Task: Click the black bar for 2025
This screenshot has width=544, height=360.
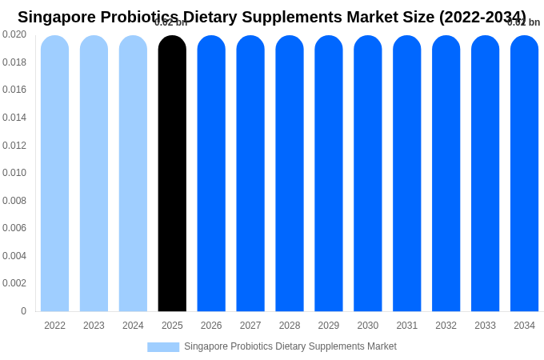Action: pos(172,174)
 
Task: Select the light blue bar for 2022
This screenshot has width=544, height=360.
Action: pos(54,174)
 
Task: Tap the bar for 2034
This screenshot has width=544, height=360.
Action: pos(524,174)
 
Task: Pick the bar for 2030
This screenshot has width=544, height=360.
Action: pos(368,174)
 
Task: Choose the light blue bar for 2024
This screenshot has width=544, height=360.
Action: pos(133,174)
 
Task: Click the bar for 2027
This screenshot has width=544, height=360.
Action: pos(250,174)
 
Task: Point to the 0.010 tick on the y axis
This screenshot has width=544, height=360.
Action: pos(14,173)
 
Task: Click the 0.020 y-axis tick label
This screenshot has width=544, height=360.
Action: pos(14,34)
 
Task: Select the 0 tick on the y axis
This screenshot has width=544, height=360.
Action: pos(23,311)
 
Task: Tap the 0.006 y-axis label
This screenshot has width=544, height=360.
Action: pos(14,228)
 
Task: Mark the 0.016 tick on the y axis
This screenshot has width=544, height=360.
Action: pos(14,90)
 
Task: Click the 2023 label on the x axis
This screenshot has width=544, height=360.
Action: pos(94,326)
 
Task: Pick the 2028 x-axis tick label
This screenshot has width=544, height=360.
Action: pos(290,326)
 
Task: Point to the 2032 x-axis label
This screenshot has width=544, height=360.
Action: pos(446,326)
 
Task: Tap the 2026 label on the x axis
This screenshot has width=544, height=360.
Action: pos(211,326)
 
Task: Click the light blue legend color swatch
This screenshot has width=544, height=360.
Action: pos(163,347)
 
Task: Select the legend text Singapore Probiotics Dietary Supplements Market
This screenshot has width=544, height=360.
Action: pos(290,346)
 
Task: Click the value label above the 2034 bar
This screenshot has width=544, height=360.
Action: pos(524,22)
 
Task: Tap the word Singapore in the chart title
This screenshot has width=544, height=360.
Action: pos(57,17)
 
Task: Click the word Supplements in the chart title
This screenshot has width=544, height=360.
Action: pos(293,17)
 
